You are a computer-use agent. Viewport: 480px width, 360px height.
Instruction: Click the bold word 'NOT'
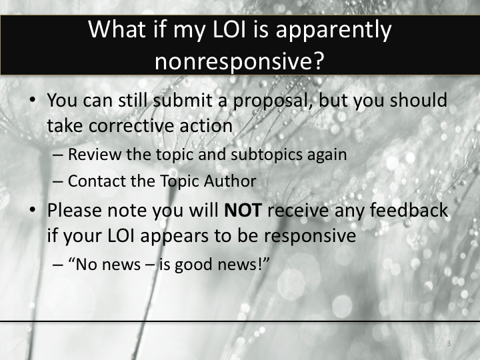(246, 211)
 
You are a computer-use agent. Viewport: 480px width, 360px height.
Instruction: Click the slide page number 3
(449, 344)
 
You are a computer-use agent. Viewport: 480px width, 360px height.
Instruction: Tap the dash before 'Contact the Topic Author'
(58, 181)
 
